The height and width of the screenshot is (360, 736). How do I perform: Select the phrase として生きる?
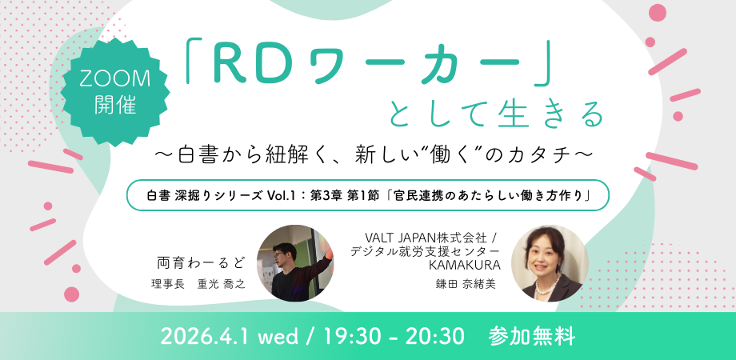[496, 115]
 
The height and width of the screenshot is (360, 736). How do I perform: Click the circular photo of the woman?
[549, 263]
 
